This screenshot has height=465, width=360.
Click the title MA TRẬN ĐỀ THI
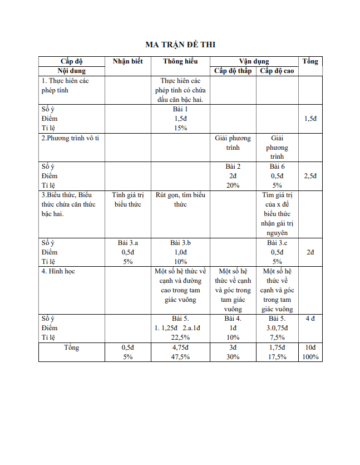180,45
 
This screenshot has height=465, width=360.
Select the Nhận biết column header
127,61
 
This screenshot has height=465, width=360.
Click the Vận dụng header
254,61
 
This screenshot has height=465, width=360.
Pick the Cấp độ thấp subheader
233,71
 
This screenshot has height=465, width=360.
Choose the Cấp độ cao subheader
277,71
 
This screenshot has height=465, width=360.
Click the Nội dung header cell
71,71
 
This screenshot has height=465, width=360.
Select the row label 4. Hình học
58,271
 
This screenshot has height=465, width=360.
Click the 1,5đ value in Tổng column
310,119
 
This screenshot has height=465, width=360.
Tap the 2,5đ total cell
310,176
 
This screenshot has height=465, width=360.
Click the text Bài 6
277,167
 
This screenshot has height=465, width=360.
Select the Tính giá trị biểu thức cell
127,199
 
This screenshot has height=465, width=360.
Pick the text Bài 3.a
127,243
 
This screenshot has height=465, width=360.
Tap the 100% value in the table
310,357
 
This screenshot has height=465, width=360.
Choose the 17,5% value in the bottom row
277,357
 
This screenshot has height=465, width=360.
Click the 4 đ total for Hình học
310,319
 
